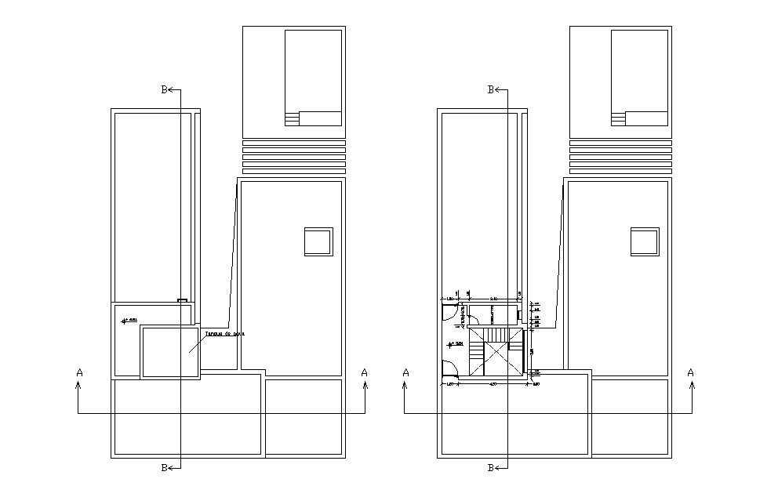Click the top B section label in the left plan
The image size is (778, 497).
[164, 90]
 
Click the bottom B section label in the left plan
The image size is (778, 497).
[164, 468]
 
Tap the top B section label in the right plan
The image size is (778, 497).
[490, 90]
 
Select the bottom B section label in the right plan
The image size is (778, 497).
[490, 468]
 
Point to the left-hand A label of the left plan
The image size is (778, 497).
[79, 372]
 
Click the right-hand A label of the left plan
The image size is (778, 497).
[364, 372]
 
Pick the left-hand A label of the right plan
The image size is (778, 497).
[405, 372]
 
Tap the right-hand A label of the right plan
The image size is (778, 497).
[690, 372]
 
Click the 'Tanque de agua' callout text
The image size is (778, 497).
[225, 333]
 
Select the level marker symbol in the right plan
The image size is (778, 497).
[455, 343]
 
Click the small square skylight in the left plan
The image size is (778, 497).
[318, 241]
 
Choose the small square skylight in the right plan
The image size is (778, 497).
[645, 241]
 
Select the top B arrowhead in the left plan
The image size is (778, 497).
[172, 90]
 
